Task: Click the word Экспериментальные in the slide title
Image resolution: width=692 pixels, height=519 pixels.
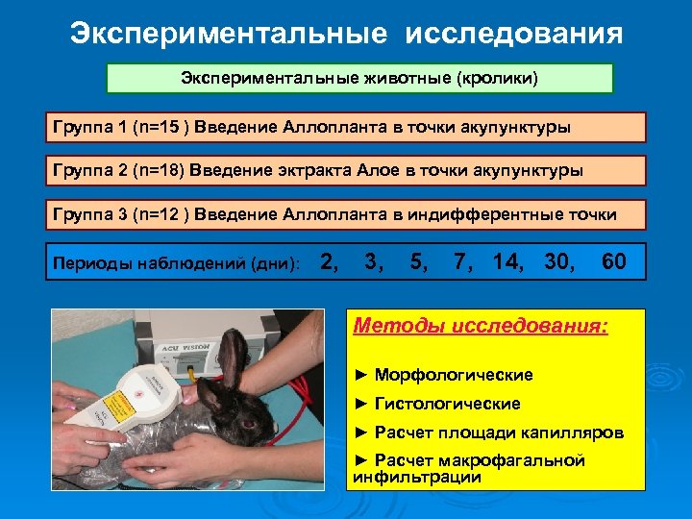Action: (229, 35)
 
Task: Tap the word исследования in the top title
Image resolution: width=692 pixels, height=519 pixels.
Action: (514, 35)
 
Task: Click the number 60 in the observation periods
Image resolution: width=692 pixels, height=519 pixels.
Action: (613, 260)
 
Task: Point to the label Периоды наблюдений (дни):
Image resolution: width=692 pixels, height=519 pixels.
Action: (177, 263)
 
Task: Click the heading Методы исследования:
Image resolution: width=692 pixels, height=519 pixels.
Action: (481, 326)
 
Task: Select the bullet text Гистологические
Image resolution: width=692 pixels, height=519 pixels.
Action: (447, 404)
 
